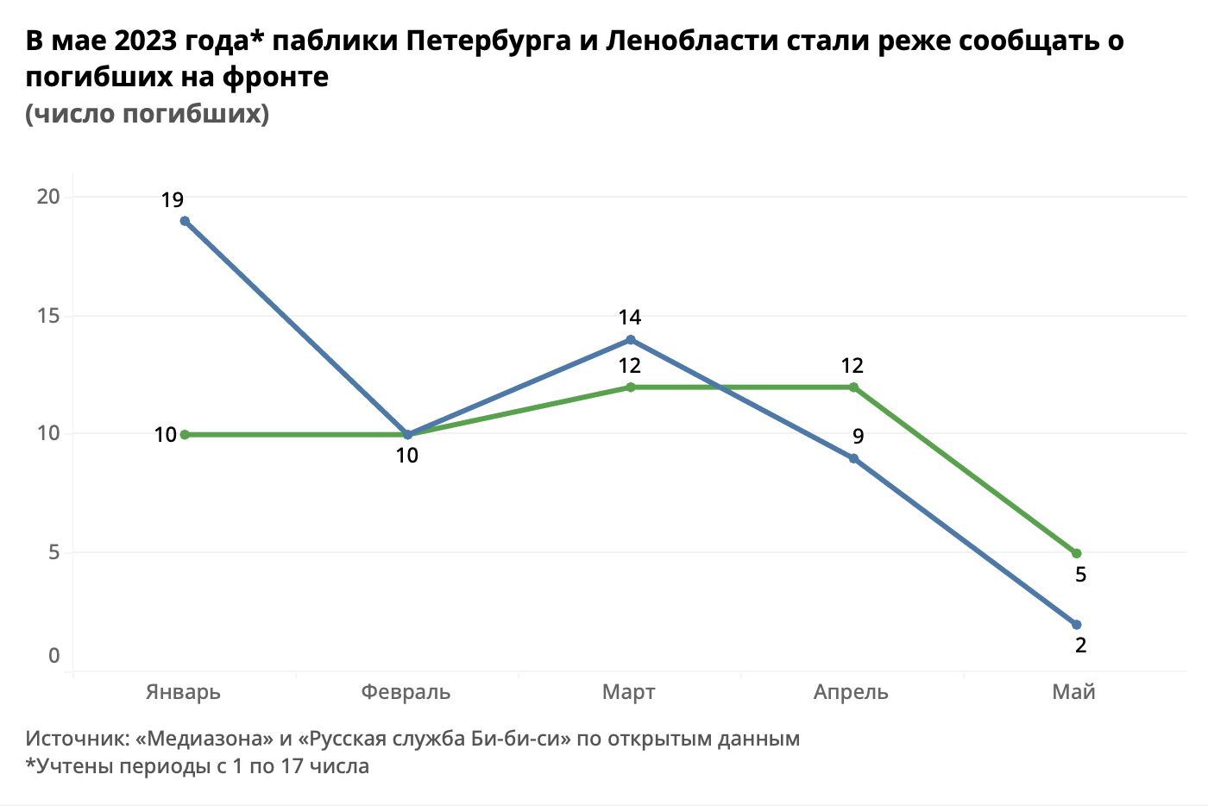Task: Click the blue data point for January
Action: coord(185,221)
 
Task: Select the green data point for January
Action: coord(185,435)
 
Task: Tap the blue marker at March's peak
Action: coord(631,340)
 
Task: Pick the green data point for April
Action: coord(853,387)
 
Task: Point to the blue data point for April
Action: coord(853,458)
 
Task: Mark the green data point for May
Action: coord(1076,553)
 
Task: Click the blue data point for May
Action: coord(1076,625)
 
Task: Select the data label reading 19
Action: coord(173,200)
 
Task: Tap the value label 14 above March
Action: coord(630,318)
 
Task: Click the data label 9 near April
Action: coord(858,437)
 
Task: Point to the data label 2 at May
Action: coord(1080,645)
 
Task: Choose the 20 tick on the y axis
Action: coord(48,197)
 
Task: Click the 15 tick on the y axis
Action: coord(48,316)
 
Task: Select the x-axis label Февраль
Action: coord(406,692)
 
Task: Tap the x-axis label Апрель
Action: coord(851,692)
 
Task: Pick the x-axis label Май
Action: coord(1073,692)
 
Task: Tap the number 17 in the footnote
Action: coord(293,766)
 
